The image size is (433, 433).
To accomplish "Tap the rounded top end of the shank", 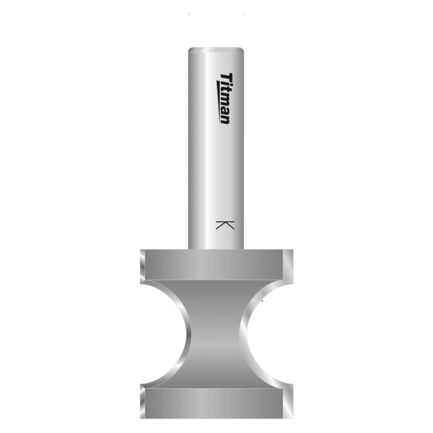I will pos(216,49).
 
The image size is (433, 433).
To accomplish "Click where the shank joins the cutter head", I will pos(216,249).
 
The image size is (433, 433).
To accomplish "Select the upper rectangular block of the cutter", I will pos(216,264).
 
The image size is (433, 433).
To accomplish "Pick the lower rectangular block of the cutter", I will pos(216,403).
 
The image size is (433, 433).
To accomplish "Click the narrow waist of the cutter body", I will pos(216,334).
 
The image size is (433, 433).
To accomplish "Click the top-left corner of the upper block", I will pos(141,250).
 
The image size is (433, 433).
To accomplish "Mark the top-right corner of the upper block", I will pos(292,250).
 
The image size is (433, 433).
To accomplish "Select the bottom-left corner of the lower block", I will pos(141,417).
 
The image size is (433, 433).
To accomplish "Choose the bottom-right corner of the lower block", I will pos(292,417).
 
